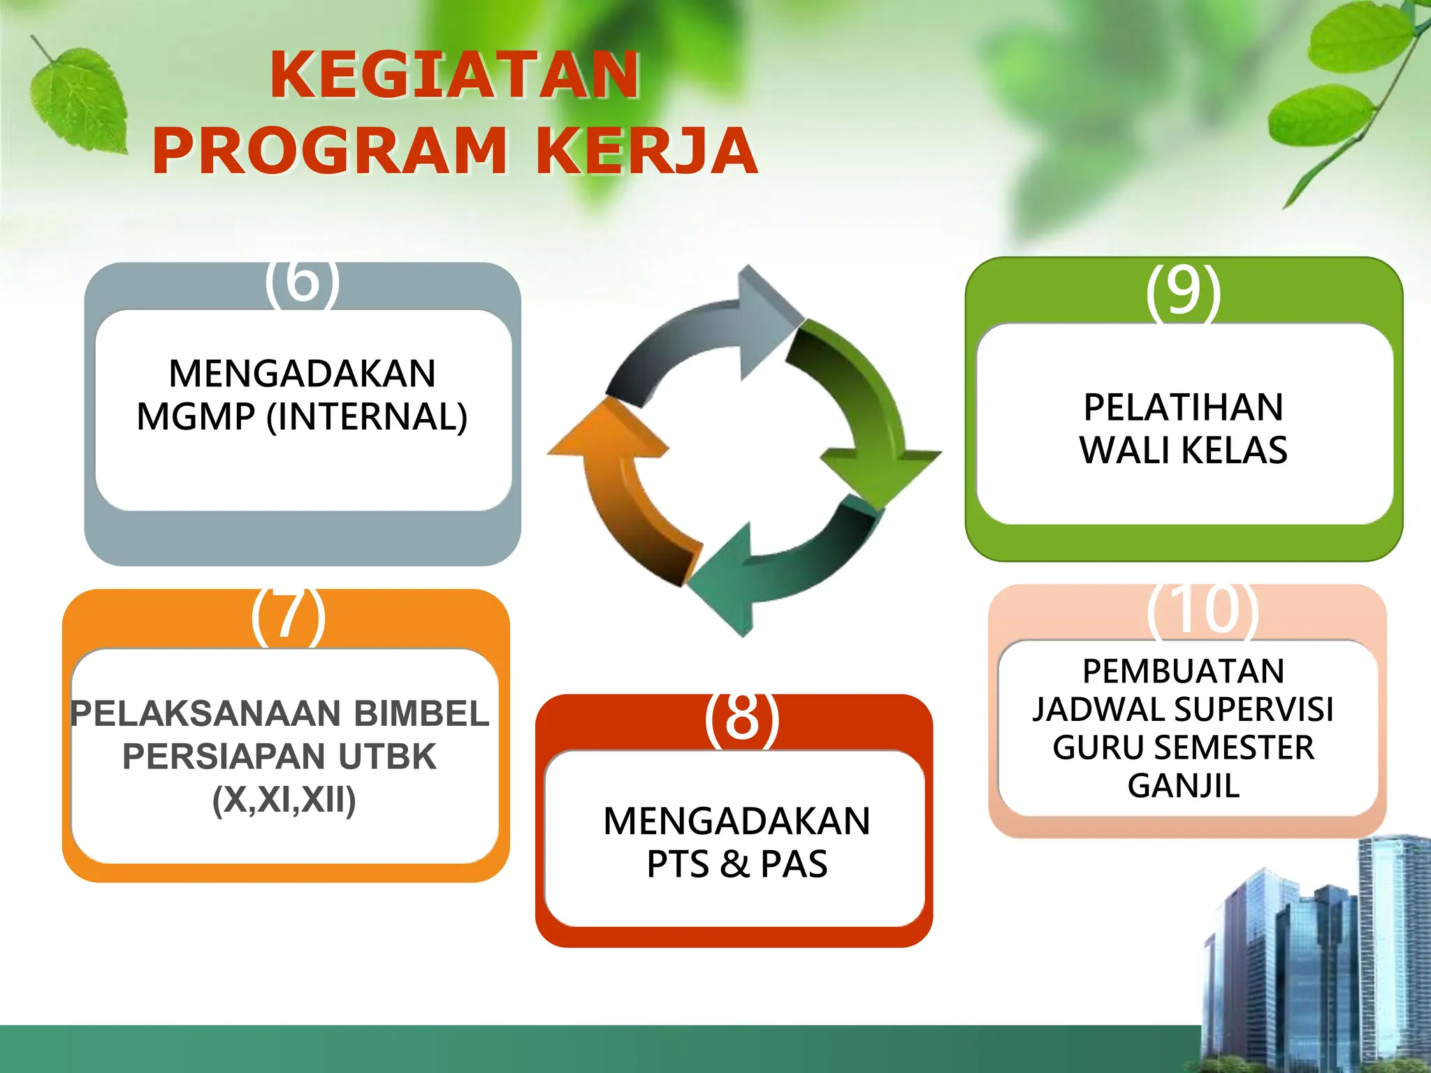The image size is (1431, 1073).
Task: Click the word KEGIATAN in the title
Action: click(x=455, y=75)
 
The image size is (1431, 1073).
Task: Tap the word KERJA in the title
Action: click(x=646, y=151)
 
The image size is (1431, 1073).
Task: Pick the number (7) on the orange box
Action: click(x=288, y=615)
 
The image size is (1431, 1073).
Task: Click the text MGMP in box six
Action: click(x=196, y=417)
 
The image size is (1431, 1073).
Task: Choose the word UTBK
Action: click(x=387, y=757)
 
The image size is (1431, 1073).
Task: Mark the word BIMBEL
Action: click(x=421, y=713)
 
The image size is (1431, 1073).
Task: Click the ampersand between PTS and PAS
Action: click(x=735, y=864)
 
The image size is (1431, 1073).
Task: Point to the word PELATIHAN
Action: click(x=1183, y=407)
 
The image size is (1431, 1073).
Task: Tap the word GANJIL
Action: click(x=1184, y=786)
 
